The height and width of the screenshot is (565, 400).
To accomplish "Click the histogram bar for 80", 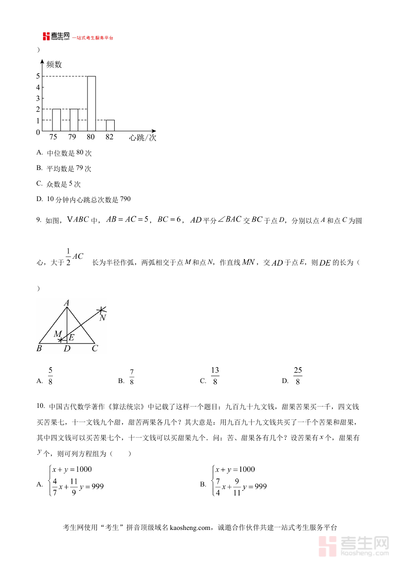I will [x=92, y=104].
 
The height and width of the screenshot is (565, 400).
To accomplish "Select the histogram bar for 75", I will [x=56, y=120].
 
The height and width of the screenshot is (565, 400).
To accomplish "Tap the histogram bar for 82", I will [x=110, y=126].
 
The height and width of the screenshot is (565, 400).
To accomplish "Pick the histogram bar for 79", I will [x=74, y=120].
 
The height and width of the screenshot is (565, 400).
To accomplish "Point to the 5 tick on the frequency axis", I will [x=38, y=76].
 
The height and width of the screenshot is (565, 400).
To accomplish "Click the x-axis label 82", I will [x=109, y=137].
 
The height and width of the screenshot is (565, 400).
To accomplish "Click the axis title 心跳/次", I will [x=143, y=138].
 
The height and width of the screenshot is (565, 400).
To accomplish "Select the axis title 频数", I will [x=54, y=65].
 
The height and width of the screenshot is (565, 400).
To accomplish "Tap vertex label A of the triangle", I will [x=67, y=303].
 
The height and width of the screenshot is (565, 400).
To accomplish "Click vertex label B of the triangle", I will [x=39, y=349].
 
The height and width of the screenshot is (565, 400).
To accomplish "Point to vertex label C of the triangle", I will [x=95, y=349].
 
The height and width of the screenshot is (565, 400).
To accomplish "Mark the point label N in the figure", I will [x=103, y=318].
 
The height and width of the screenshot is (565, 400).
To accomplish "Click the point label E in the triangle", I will [x=71, y=337].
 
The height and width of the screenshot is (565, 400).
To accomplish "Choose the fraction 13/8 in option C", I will [x=215, y=376].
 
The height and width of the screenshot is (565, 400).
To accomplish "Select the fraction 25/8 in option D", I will [x=298, y=376].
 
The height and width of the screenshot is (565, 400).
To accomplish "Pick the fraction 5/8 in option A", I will [x=50, y=376].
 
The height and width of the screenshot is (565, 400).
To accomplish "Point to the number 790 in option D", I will [x=125, y=199].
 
